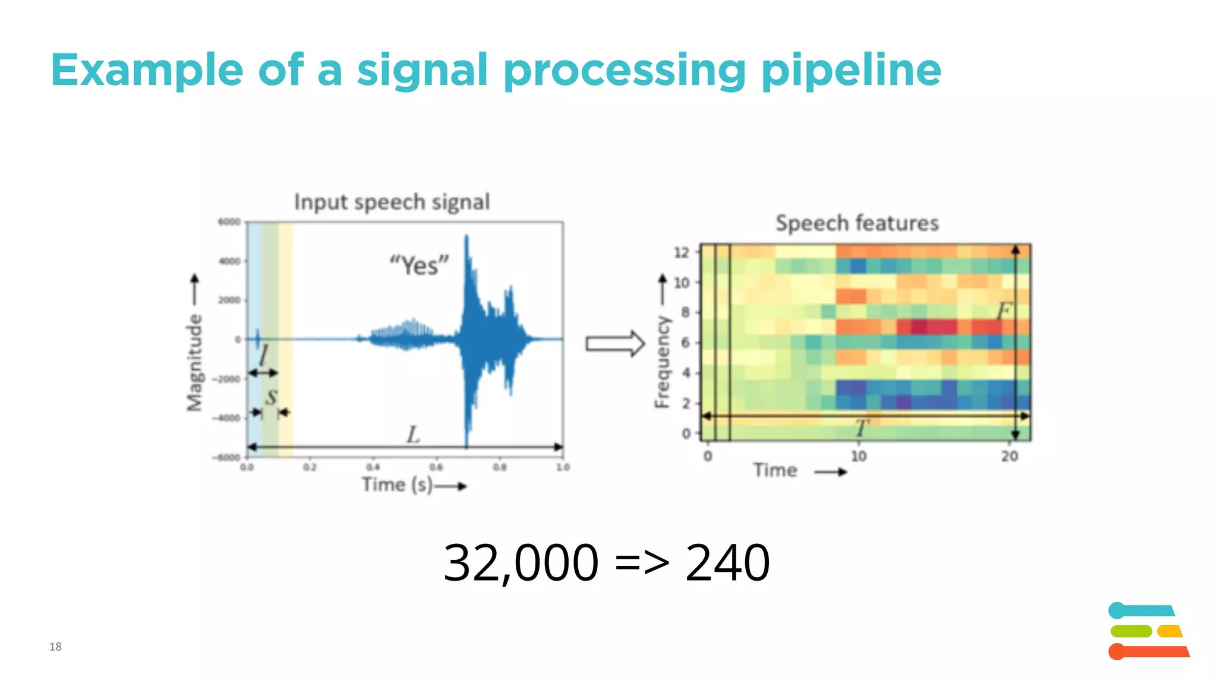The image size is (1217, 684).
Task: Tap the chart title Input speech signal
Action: click(392, 202)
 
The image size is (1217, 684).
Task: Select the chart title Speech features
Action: click(857, 223)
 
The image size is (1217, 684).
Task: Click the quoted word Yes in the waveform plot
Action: click(419, 265)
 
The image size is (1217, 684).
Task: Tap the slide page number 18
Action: click(55, 647)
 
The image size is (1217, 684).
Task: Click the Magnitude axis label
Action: click(194, 362)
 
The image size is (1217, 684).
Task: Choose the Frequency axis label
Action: click(662, 362)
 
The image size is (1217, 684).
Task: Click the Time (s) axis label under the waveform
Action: click(397, 484)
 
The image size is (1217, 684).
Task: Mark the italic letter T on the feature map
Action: click(862, 427)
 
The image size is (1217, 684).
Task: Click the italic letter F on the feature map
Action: click(1004, 310)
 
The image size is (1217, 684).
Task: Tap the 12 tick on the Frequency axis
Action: click(682, 252)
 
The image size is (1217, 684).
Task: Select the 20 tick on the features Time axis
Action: click(1010, 456)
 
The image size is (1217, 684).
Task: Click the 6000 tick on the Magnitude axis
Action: click(229, 222)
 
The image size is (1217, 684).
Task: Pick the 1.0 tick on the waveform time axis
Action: click(563, 467)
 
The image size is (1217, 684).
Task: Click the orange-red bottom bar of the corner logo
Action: click(1150, 651)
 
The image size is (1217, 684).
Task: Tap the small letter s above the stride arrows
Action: click(271, 396)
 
